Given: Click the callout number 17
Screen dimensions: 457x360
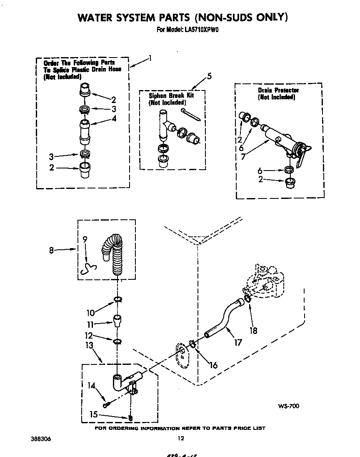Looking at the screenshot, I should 238,343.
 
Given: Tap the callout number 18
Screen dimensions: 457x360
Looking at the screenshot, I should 253,331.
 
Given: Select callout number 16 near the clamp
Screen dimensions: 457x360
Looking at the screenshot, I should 213,365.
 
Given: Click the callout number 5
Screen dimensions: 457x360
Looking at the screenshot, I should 209,76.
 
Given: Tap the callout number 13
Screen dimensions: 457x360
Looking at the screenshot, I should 89,345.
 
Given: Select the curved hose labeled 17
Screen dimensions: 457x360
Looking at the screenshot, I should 221,321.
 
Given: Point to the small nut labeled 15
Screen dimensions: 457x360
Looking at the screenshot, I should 130,418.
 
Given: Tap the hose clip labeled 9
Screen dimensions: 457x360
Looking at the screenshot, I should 88,269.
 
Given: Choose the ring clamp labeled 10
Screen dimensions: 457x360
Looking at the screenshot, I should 118,299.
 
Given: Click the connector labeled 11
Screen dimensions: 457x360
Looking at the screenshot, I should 118,322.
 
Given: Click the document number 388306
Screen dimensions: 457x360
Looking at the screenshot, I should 40,439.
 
